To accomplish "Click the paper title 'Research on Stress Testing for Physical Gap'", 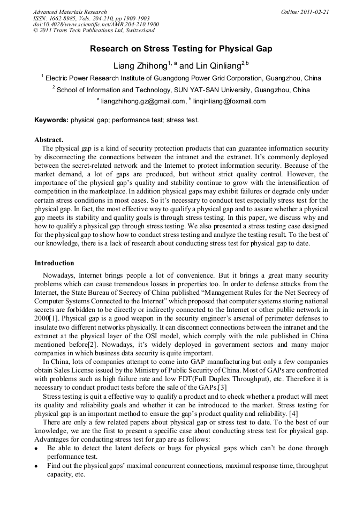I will (181, 49).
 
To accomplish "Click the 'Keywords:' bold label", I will (51, 120).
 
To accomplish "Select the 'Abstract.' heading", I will (49, 140).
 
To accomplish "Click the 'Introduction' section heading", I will (54, 263).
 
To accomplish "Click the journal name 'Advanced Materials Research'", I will (70, 11).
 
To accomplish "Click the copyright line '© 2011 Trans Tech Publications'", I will (86, 31).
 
